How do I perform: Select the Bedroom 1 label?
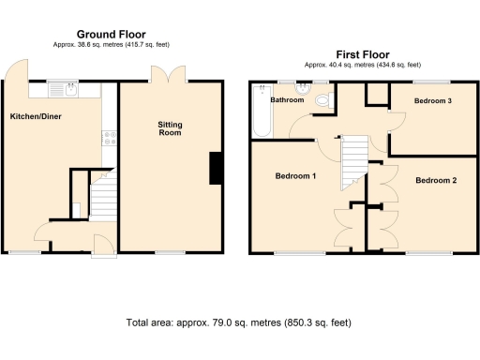click(x=294, y=175)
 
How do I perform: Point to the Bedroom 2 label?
click(x=436, y=180)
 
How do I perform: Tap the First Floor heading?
click(x=362, y=54)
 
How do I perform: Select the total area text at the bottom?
click(x=238, y=322)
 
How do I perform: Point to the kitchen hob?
click(x=109, y=137)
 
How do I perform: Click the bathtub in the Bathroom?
click(x=259, y=117)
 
